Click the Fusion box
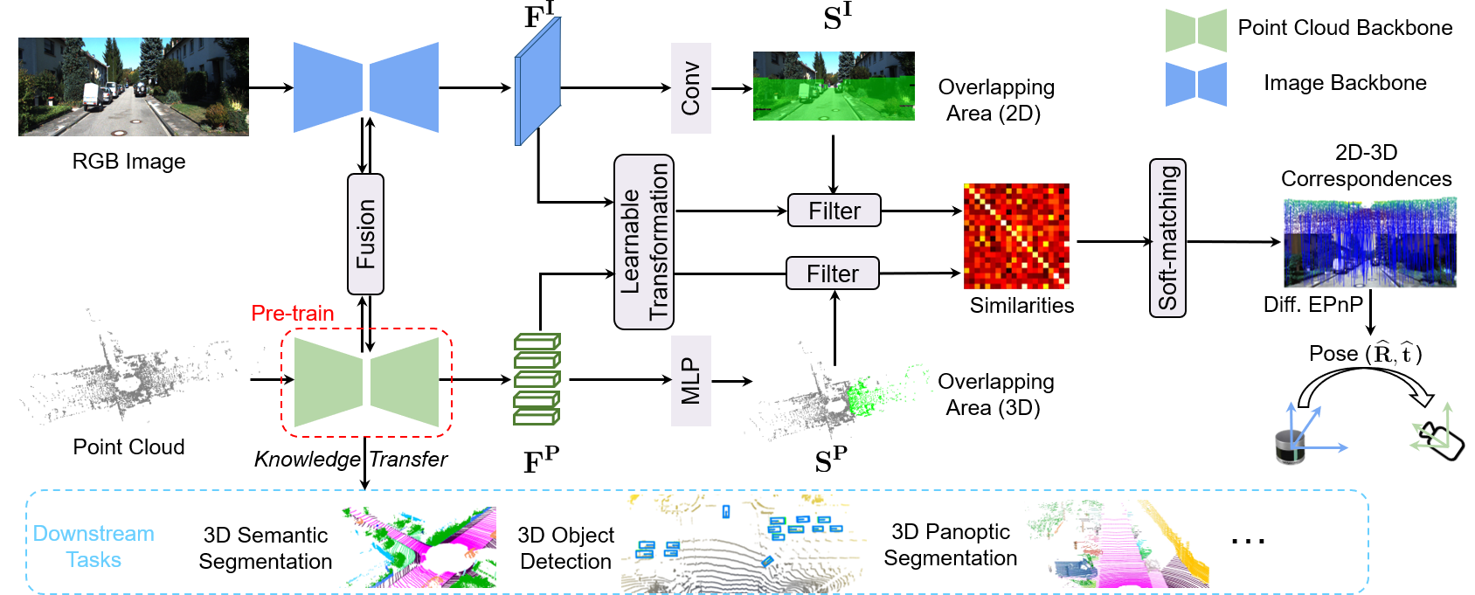point(365,234)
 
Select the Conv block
point(690,88)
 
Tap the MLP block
point(690,381)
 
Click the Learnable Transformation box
point(644,242)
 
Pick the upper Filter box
point(834,211)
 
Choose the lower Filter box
point(832,273)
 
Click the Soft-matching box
point(1167,238)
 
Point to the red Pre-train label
point(293,313)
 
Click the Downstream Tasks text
point(93,546)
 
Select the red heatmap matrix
point(1016,236)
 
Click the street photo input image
point(134,86)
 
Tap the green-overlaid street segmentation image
point(834,86)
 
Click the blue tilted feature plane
point(537,81)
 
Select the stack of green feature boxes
point(537,379)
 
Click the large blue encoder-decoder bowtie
point(365,87)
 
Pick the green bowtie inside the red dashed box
point(366,383)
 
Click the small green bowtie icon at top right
point(1195,31)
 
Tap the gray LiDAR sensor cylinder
point(1290,447)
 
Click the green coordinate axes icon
point(1432,428)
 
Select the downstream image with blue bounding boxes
point(744,543)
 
